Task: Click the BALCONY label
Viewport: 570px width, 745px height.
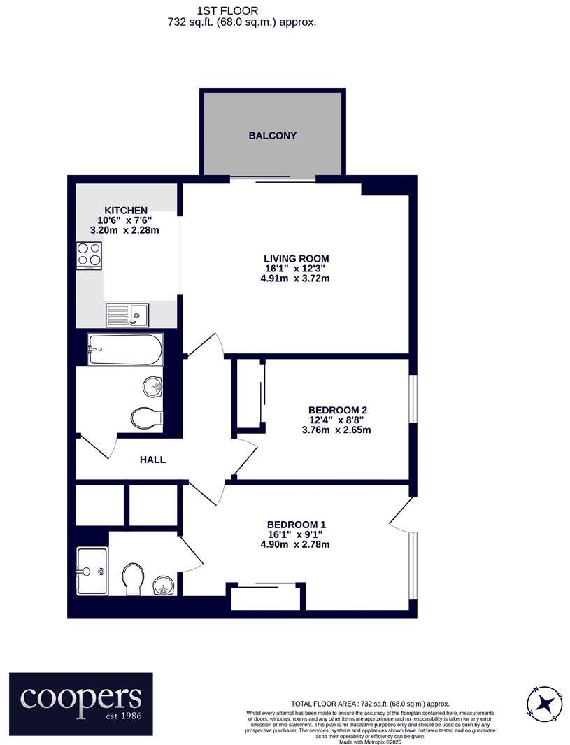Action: click(273, 136)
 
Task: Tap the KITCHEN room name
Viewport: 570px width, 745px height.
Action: click(126, 211)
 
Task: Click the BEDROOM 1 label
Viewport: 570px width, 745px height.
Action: click(297, 525)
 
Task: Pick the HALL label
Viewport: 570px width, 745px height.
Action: click(152, 460)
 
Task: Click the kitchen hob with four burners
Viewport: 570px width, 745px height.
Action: click(89, 255)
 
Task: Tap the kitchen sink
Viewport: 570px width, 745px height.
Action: click(127, 315)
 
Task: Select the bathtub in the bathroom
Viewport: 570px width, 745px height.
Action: click(125, 349)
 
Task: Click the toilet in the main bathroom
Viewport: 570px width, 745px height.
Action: click(146, 418)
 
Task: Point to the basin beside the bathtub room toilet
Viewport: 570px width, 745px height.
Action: click(153, 385)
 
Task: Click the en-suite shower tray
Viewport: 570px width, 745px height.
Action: click(92, 571)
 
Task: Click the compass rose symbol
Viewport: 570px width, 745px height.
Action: click(544, 703)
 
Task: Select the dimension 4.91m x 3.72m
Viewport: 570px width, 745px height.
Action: click(294, 278)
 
